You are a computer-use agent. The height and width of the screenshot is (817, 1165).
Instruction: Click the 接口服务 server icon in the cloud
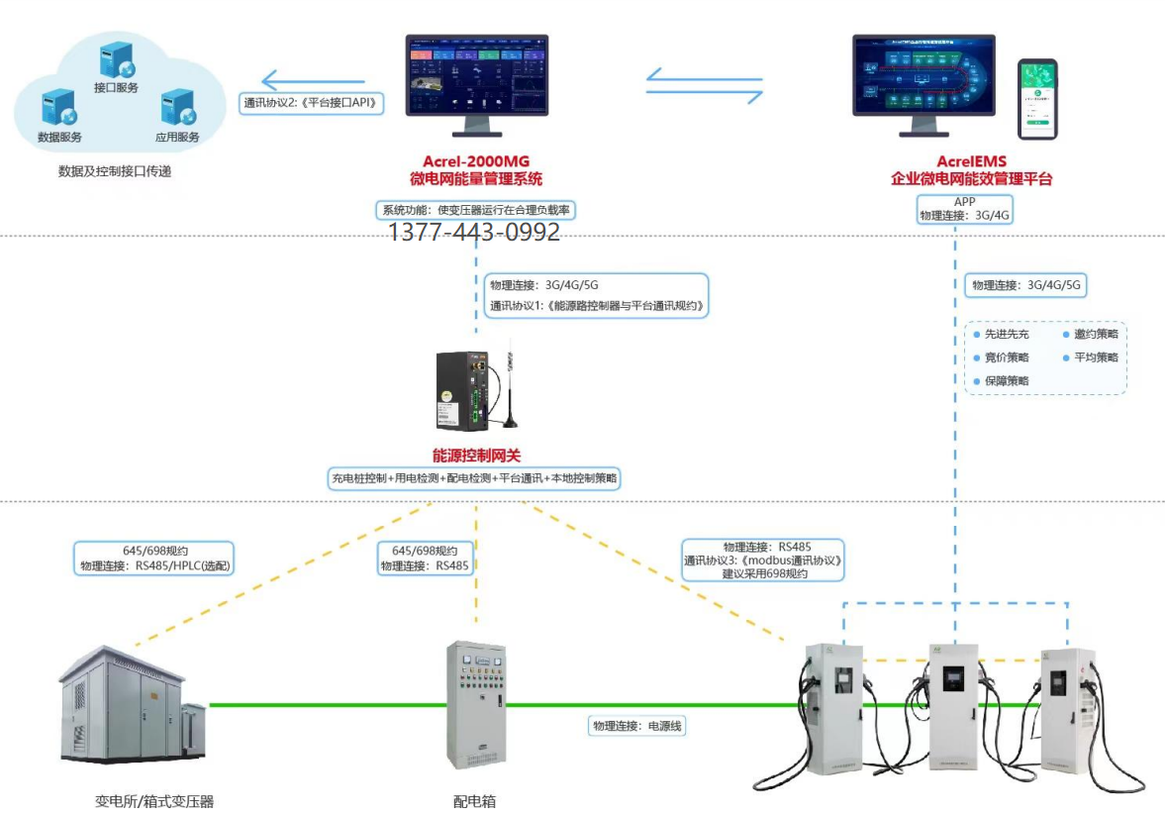115,57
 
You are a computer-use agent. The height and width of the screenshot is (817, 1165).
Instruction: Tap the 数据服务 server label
59,137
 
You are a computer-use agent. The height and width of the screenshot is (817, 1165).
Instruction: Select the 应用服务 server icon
176,106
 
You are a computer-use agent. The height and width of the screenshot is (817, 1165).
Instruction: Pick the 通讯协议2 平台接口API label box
311,103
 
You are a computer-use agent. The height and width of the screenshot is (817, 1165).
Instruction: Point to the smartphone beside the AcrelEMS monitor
1037,99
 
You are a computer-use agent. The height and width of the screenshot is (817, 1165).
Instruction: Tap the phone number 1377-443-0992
473,232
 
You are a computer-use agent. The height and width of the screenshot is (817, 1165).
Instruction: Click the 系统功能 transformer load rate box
476,210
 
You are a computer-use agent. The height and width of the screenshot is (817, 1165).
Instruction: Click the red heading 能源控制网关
476,456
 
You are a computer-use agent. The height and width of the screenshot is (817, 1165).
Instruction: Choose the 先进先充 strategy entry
1006,335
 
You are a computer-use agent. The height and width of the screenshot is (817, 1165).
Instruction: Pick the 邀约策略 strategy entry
1095,335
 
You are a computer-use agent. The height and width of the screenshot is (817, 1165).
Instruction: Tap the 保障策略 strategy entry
1006,381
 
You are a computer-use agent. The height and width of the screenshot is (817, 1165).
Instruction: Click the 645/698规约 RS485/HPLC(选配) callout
153,559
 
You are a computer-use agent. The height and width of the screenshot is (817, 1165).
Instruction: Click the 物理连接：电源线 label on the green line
637,726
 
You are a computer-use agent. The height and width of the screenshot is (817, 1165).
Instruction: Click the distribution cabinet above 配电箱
476,706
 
